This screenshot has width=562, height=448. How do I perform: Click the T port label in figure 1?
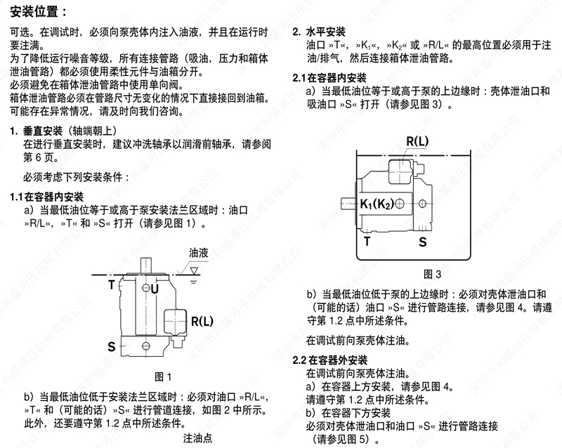(112, 285)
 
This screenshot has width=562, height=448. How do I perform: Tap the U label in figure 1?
(155, 289)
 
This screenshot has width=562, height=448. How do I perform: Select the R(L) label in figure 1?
(202, 321)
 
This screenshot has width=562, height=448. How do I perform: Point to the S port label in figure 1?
(112, 347)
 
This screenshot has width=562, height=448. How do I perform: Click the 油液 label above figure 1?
(198, 253)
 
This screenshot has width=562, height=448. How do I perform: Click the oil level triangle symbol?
(194, 270)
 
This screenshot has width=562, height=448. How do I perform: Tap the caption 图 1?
(163, 376)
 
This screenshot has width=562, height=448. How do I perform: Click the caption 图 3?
(432, 274)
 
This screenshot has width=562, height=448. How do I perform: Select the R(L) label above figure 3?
(417, 141)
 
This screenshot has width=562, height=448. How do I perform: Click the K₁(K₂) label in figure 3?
(377, 204)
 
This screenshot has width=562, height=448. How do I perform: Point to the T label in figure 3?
(367, 241)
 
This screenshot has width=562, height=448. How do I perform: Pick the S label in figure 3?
(423, 242)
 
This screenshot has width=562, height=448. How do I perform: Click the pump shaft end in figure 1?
(146, 265)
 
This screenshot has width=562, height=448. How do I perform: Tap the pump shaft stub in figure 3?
(348, 204)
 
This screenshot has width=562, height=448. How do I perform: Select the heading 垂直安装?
(43, 131)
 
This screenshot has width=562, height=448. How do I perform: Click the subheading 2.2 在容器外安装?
(330, 360)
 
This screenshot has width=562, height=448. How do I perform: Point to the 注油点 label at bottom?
(198, 438)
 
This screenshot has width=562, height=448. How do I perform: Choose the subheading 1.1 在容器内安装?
(47, 197)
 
